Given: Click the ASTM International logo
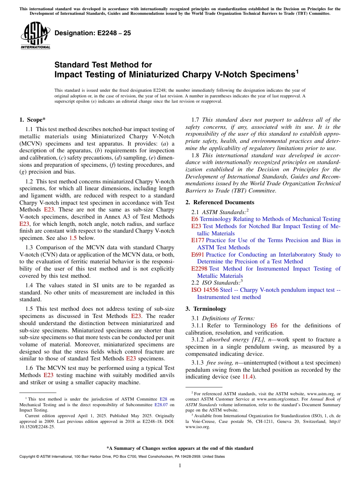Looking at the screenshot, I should click(35, 36).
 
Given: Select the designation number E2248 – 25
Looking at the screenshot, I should click(93, 33).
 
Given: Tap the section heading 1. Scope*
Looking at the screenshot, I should click(32, 120).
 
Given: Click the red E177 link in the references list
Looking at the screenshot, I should click(197, 240).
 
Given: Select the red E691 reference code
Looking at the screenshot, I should click(197, 255).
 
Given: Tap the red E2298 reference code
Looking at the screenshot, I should click(199, 269).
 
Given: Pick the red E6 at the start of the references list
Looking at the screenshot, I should click(195, 219).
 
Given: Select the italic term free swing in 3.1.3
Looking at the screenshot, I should click(214, 363).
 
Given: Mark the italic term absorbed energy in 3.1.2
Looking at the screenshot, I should click(223, 340).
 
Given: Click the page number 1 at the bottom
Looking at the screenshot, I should click(180, 466).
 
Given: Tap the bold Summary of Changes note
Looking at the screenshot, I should click(180, 448).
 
